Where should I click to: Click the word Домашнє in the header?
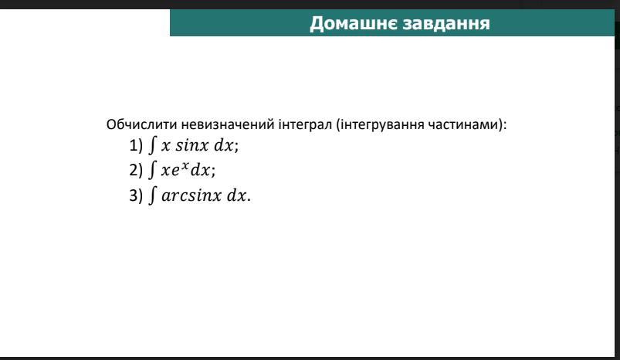coord(352,23)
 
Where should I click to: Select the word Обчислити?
coord(141,124)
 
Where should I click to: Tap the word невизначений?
coord(227,124)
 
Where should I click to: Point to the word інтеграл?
coord(305,124)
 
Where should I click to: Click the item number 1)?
coord(136,145)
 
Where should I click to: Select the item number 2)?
coord(136,170)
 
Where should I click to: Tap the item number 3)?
coord(136,195)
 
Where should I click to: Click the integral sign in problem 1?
coord(153,144)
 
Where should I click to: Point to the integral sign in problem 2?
coord(153,169)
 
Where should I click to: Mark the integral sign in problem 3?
coord(153,195)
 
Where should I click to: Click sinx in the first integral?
coord(191,145)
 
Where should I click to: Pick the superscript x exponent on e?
coord(185,165)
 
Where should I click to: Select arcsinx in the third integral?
coord(191,195)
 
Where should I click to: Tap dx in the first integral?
coord(224,144)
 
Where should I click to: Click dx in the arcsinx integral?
coord(236,195)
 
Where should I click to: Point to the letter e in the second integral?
coord(175,171)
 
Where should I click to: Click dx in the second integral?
coord(200,170)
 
